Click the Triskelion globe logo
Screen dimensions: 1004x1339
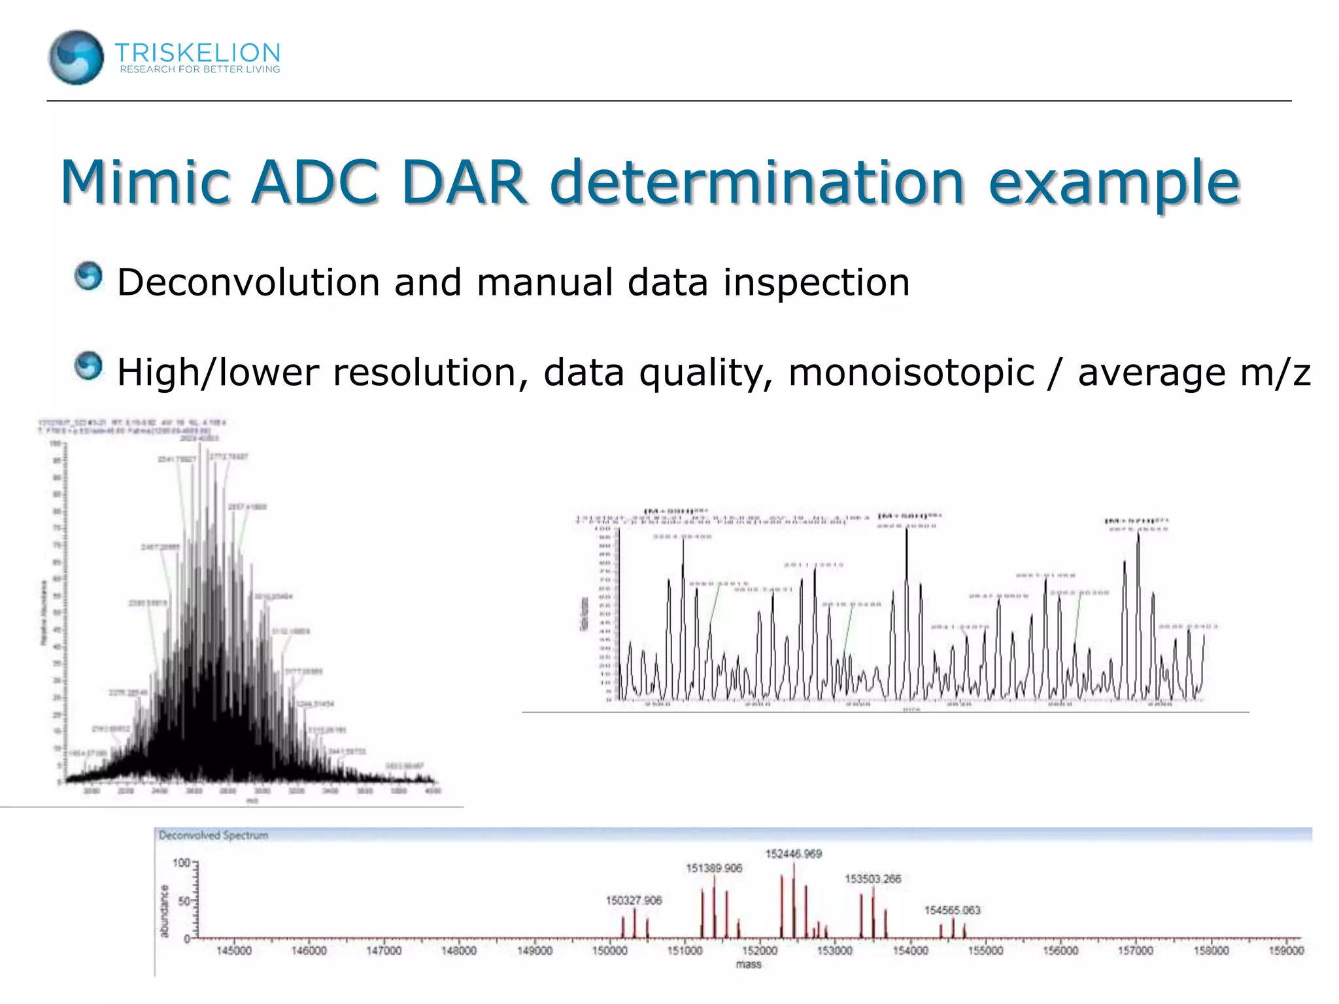76,58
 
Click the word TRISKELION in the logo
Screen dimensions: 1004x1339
197,52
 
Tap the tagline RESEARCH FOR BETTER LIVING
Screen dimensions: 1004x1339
199,69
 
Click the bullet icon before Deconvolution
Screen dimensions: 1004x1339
88,276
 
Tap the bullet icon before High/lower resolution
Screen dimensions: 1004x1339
88,366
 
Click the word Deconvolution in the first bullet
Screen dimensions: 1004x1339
248,282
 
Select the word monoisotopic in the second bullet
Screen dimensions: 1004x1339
911,373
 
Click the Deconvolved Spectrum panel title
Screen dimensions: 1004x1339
213,835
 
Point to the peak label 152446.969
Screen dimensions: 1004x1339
793,854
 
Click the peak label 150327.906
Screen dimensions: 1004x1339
634,901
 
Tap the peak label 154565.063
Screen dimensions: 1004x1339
952,910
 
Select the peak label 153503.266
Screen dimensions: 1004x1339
872,879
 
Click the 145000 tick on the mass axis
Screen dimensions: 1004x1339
233,950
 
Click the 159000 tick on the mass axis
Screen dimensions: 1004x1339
1286,950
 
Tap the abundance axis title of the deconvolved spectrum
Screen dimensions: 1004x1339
164,911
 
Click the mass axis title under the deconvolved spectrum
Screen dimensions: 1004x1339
749,964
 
